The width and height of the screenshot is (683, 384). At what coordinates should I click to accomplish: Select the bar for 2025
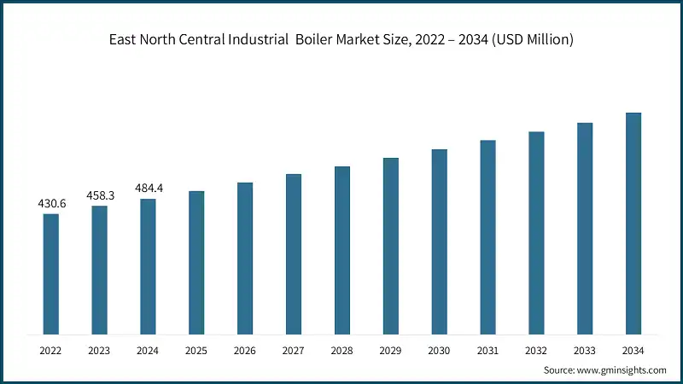196,262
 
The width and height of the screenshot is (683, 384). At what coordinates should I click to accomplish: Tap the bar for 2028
341,249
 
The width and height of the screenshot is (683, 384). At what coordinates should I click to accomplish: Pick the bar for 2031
487,236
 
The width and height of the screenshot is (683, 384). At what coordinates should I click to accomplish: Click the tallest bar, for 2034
633,223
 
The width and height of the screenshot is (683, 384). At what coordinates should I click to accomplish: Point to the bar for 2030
439,241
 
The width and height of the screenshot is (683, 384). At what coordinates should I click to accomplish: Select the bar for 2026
245,258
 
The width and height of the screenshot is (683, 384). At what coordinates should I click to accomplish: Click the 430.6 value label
51,204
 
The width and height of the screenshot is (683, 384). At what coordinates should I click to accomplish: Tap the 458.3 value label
100,195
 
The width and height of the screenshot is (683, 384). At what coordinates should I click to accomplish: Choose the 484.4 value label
149,188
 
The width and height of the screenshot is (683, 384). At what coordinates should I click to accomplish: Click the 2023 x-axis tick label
100,351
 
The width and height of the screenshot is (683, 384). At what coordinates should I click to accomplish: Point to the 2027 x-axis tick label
294,351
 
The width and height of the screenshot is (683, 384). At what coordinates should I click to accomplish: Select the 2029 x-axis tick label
390,351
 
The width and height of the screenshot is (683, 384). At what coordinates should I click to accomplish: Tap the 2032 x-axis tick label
536,351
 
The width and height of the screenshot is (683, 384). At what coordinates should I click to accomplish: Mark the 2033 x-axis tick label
585,351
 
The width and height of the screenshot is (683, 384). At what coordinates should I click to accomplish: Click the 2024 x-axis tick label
149,351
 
